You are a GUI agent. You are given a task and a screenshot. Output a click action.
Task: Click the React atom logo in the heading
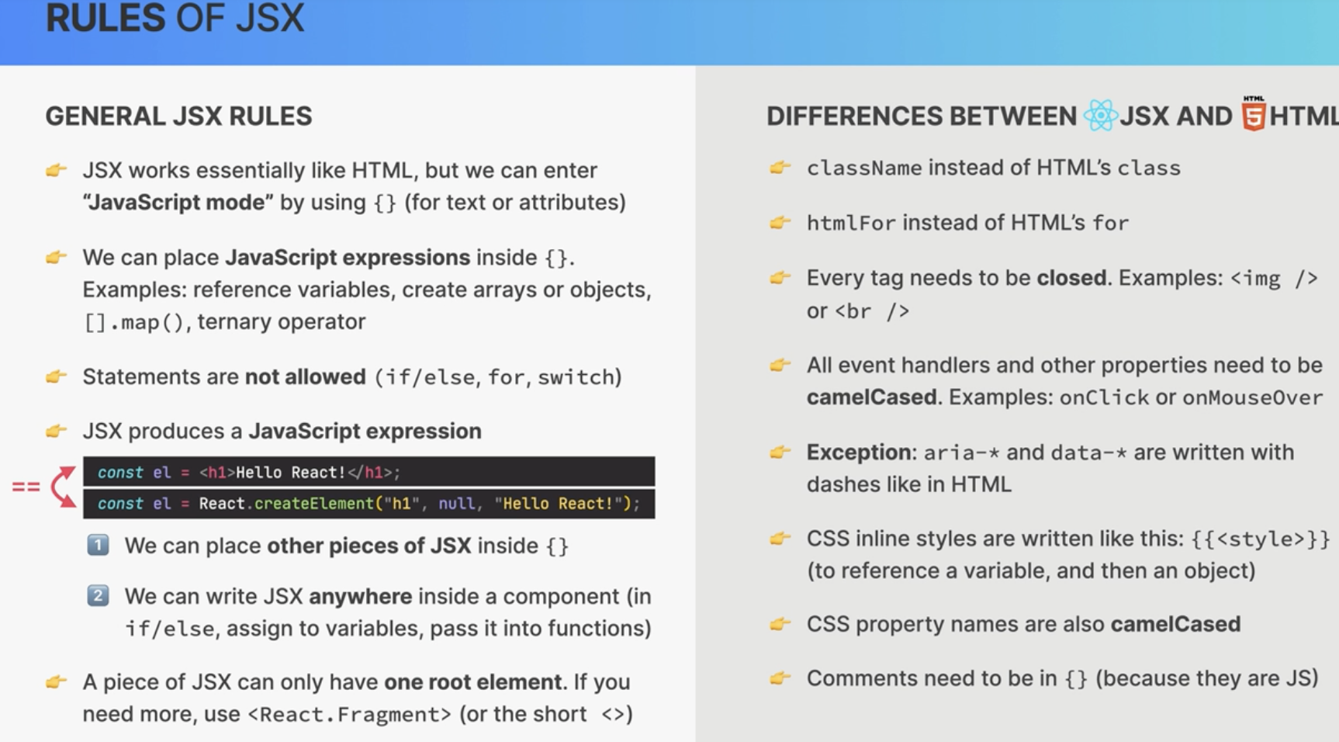(1100, 116)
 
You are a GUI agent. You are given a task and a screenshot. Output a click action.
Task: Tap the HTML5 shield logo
(1254, 113)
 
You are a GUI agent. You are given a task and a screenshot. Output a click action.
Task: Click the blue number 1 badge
(98, 545)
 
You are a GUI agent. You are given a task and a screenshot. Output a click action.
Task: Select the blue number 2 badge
(98, 595)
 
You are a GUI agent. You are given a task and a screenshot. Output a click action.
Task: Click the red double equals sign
(26, 487)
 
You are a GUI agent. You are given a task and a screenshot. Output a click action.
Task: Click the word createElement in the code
(314, 504)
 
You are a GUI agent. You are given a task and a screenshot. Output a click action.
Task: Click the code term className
(864, 168)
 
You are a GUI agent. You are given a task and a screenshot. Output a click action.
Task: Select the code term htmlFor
(851, 224)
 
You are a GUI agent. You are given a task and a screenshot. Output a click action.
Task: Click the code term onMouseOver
(1252, 398)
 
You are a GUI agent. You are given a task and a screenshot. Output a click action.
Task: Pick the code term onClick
(1104, 398)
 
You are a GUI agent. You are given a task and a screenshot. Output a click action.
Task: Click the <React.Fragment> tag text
(349, 715)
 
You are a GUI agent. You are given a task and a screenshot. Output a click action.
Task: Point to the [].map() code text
(134, 322)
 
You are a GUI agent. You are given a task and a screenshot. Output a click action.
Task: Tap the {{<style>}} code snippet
(1261, 539)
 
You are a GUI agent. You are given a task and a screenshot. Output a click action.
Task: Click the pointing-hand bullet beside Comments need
(780, 678)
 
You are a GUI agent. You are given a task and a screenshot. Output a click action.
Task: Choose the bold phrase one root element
(472, 682)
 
